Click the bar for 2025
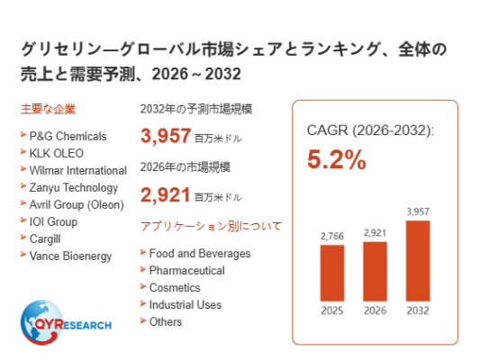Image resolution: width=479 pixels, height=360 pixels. [332, 273]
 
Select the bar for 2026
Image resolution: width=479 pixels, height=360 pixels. [375, 272]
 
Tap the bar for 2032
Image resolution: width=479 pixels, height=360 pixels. [418, 261]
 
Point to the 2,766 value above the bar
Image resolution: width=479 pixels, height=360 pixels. [332, 236]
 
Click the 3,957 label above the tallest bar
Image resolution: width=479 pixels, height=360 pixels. [418, 211]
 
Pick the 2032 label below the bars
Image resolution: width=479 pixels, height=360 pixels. [418, 310]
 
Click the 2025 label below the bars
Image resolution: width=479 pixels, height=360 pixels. [332, 310]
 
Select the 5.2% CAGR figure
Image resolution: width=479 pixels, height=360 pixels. [337, 159]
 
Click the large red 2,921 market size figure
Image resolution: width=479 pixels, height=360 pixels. [166, 194]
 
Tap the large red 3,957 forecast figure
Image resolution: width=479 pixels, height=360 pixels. [166, 136]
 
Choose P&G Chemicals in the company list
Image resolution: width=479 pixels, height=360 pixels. [68, 136]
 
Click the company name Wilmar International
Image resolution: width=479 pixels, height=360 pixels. [78, 170]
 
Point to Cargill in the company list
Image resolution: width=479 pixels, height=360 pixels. [45, 238]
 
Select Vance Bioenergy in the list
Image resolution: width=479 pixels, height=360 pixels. [70, 256]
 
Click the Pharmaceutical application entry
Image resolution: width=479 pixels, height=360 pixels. [187, 271]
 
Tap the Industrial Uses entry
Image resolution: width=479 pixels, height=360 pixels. [185, 305]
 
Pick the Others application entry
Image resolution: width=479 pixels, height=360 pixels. [166, 322]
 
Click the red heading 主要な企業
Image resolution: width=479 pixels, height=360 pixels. [48, 109]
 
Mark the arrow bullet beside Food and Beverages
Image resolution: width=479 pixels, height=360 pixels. [143, 252]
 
